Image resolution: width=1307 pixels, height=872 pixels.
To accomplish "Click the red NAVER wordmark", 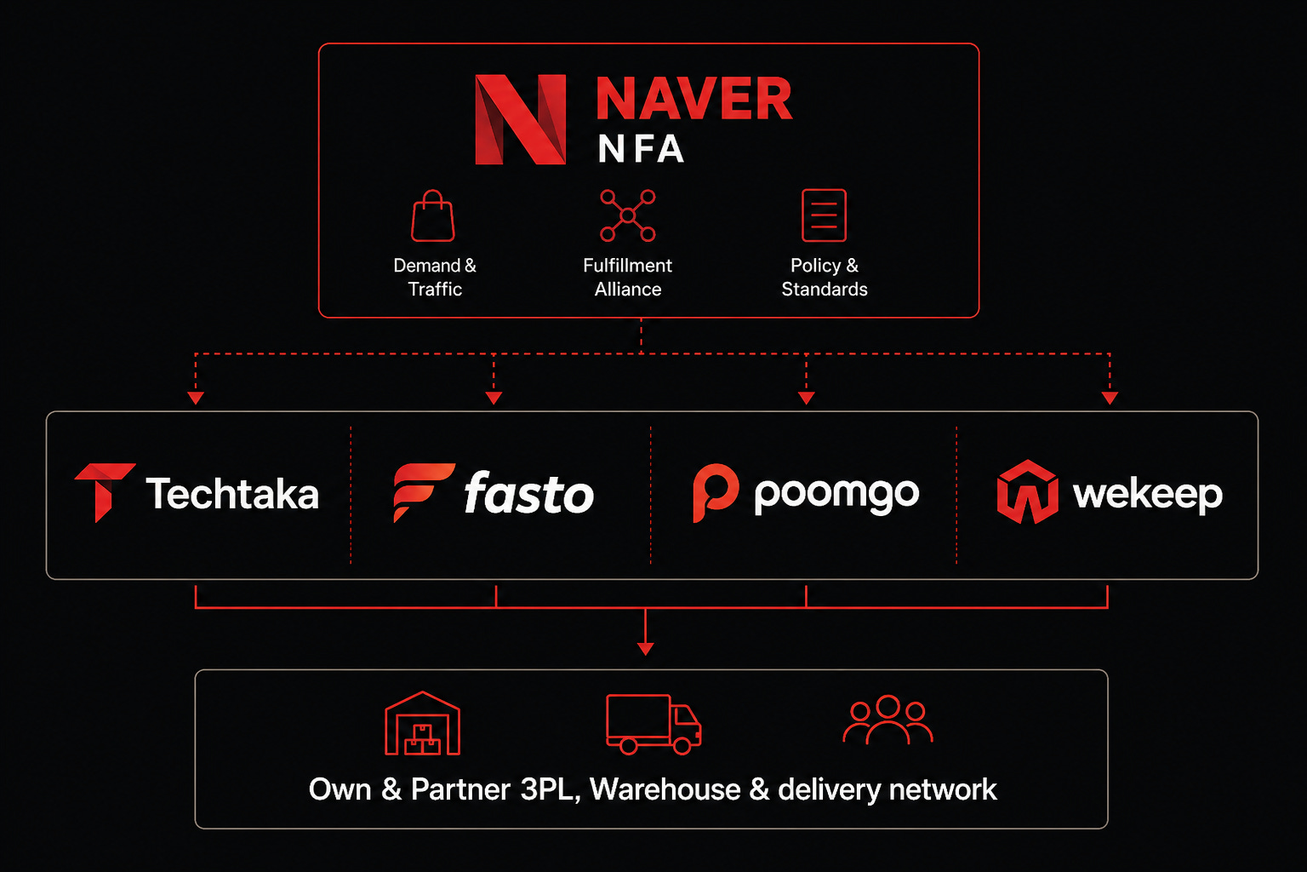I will (x=693, y=99).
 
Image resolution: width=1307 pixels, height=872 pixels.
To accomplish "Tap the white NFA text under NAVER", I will (x=641, y=150).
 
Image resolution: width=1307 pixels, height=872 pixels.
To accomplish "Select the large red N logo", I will (x=520, y=119).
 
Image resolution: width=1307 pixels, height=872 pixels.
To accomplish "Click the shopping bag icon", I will (x=433, y=216).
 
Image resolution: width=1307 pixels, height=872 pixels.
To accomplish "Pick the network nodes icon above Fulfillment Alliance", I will (x=628, y=215).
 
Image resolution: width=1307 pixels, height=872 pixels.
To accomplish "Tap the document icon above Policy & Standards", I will (x=824, y=215).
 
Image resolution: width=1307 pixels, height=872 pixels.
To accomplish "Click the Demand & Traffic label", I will (x=435, y=278).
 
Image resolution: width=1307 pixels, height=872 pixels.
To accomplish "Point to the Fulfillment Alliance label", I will (x=628, y=278).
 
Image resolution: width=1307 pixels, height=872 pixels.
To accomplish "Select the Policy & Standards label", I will (x=825, y=278).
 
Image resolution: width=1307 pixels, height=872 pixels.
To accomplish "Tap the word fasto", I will (x=528, y=494).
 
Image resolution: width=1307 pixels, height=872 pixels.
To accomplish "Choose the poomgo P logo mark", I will (x=715, y=492).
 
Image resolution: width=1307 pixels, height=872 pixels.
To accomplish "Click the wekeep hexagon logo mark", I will (x=1027, y=492).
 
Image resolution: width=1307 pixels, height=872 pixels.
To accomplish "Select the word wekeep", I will (x=1147, y=494).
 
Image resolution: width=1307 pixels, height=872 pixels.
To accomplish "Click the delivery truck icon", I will (x=653, y=725).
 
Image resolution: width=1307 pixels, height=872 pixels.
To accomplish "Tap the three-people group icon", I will (x=888, y=720).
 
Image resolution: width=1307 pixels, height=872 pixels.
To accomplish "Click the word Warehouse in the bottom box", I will (x=665, y=790).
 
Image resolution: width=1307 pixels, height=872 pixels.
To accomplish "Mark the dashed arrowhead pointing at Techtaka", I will (x=196, y=398).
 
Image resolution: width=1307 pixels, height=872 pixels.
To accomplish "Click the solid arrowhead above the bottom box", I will (x=646, y=649).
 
